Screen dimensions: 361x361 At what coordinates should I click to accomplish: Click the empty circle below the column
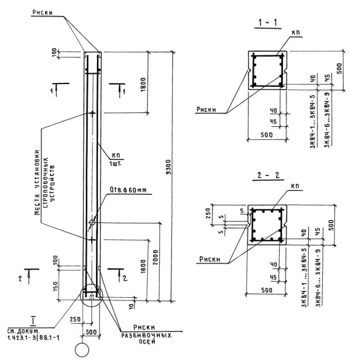tap(83, 350)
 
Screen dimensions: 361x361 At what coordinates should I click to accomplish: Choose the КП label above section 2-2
tap(295, 186)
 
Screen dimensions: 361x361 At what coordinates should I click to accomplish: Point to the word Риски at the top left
tap(42, 13)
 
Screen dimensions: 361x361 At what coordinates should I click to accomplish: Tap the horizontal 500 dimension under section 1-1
tap(266, 134)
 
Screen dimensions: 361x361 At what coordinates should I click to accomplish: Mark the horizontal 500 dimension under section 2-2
tap(266, 290)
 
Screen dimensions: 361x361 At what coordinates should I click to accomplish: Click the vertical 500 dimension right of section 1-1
tap(340, 68)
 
